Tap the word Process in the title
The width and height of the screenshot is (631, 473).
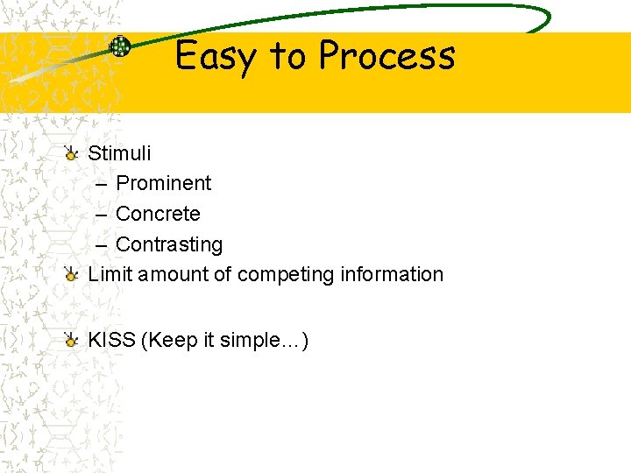pyautogui.click(x=386, y=56)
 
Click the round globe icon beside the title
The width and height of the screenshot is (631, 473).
pyautogui.click(x=119, y=47)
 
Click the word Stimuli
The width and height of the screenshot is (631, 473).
pyautogui.click(x=119, y=153)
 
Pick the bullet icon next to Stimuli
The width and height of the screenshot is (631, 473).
pyautogui.click(x=72, y=153)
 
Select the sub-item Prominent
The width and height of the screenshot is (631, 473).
pyautogui.click(x=163, y=183)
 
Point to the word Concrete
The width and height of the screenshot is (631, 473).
pyautogui.click(x=158, y=214)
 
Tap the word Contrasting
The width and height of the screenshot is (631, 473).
pyautogui.click(x=169, y=244)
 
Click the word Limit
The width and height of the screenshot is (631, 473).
pyautogui.click(x=107, y=274)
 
